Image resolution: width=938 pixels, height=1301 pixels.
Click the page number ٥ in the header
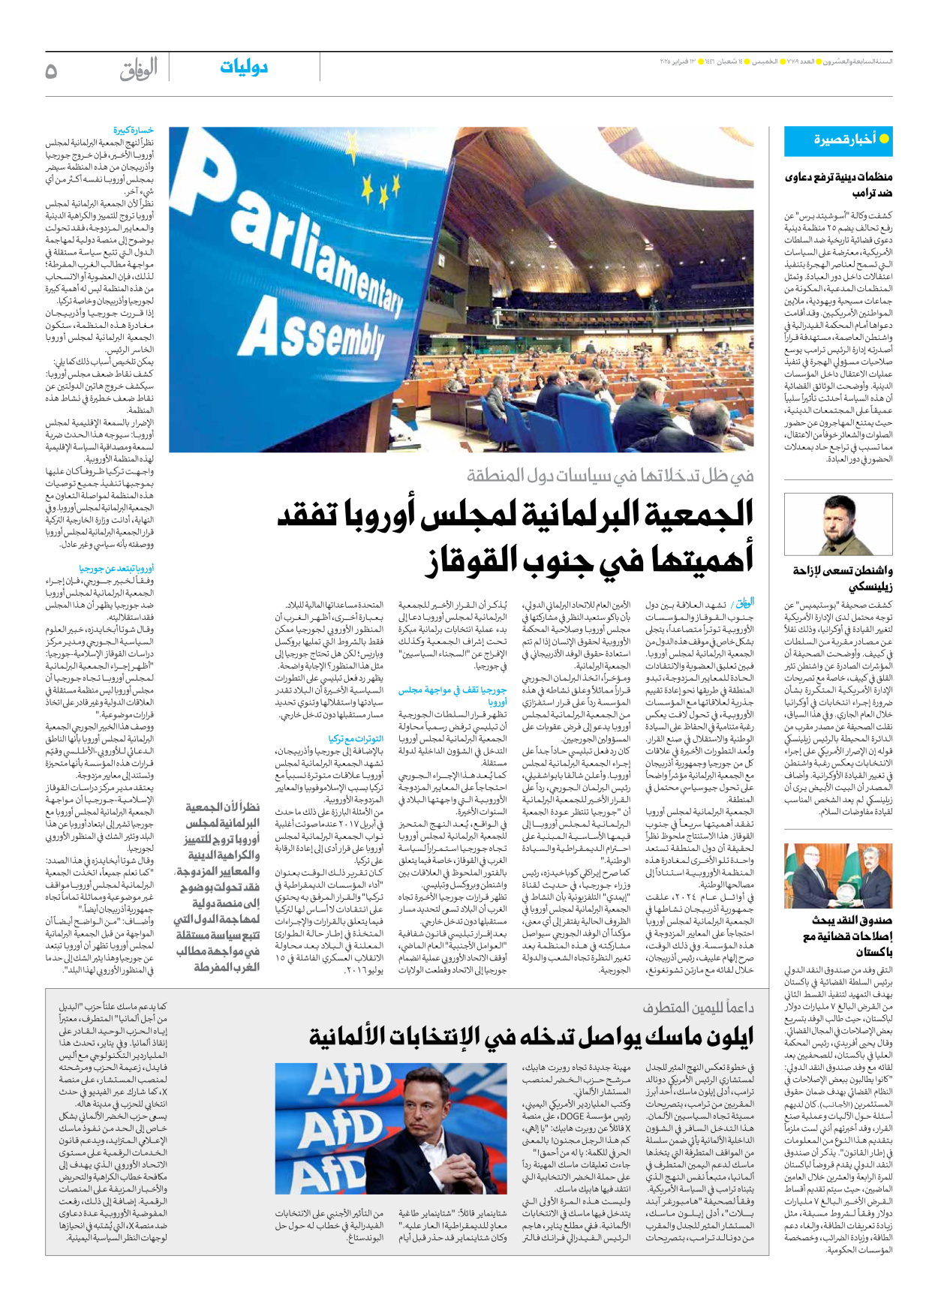coord(51,71)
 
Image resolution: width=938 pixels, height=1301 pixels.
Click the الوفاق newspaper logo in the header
coord(139,69)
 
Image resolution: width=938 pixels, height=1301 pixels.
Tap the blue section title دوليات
coord(244,68)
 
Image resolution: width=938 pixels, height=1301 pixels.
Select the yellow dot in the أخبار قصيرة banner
coord(884,139)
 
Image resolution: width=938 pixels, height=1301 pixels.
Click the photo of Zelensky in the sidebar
coord(838,524)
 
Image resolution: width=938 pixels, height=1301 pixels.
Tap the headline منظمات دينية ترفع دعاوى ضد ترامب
coord(838,185)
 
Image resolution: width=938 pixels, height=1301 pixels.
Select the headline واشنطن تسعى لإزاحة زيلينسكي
coord(843,578)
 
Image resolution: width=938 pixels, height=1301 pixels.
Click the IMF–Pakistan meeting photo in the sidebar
coord(838,876)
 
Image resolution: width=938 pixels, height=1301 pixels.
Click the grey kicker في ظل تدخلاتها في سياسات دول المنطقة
coord(610,475)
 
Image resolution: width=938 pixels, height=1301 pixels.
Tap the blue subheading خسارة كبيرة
coord(134,131)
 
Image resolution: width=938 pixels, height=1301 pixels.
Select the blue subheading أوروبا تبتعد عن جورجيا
coord(116,569)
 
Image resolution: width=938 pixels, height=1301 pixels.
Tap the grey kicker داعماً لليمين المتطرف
coord(698,1008)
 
